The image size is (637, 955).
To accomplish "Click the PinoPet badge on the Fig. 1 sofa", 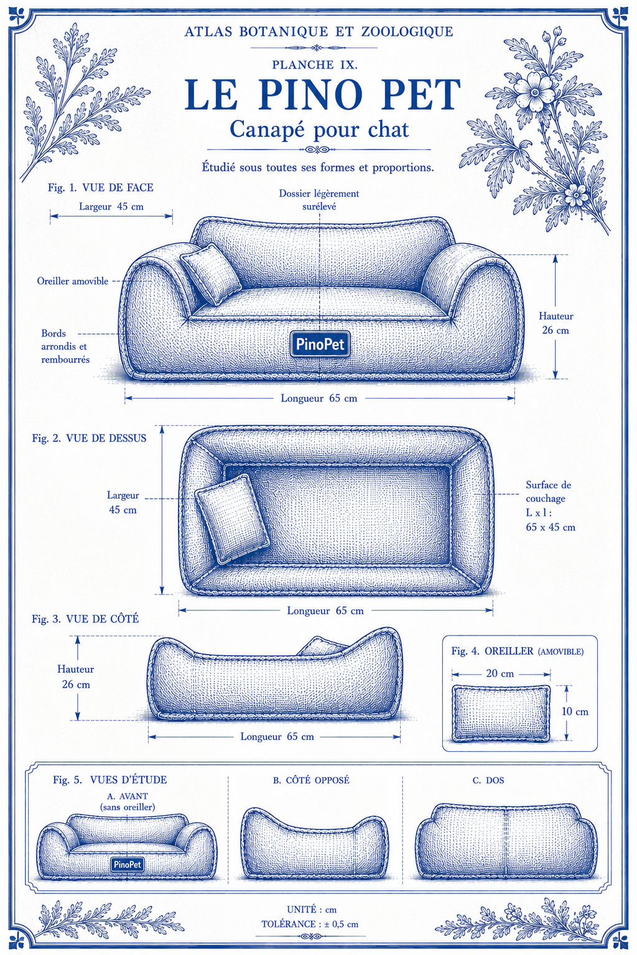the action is pos(320,344).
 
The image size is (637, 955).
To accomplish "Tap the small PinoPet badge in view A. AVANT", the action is pos(127,864).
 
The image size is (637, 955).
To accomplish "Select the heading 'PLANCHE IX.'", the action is pos(315,65).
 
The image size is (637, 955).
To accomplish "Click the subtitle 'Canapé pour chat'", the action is pos(319,129).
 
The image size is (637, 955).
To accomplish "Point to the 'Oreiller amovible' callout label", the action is pos(73,282).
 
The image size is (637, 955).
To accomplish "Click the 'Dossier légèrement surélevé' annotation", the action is pos(319,200).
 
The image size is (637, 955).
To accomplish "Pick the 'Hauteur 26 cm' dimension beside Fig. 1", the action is pos(556,323).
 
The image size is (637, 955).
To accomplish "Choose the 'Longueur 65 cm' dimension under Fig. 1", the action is pos(318,398).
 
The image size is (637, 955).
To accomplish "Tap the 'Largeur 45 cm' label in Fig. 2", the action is pos(123,502).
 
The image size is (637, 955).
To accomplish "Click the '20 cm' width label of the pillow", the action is pos(500,673).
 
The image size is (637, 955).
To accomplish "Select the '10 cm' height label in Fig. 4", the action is pos(575,711).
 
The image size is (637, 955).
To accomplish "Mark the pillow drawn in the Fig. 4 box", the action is pos(501,713).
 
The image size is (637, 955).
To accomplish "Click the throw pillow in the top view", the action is pos(231,519).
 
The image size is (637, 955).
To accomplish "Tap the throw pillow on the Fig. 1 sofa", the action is pos(210,274).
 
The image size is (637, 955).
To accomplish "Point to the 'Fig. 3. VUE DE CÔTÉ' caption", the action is pos(85,619).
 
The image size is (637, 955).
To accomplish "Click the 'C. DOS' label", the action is pos(488,781).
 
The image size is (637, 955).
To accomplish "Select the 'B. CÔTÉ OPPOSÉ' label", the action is pos(311,780).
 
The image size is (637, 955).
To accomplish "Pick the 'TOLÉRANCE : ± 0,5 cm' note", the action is pos(310,925).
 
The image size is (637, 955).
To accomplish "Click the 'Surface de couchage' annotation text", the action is pos(548,492).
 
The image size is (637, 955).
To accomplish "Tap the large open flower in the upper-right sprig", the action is pos(534,91).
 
